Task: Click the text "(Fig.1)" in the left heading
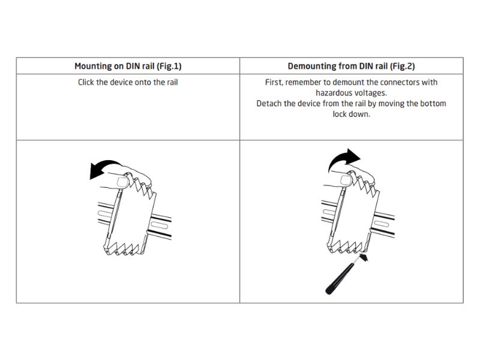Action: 169,67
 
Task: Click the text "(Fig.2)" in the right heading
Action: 402,67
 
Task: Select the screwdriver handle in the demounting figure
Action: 338,280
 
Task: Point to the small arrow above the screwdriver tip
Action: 364,259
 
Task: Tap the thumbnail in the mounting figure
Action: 123,182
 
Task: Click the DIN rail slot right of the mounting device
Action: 159,226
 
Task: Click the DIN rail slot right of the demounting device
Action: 382,223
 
